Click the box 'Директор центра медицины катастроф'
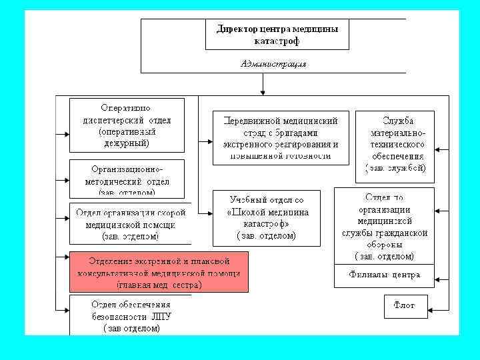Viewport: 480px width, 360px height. pyautogui.click(x=277, y=35)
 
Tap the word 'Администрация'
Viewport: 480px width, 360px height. pyautogui.click(x=273, y=65)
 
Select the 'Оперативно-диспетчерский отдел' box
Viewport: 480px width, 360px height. pyautogui.click(x=127, y=125)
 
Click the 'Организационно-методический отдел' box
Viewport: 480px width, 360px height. pyautogui.click(x=127, y=178)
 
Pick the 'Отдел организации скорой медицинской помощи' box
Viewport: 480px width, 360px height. pyautogui.click(x=131, y=224)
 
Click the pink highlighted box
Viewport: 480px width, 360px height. pyautogui.click(x=159, y=272)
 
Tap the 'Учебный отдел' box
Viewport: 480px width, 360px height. pyautogui.click(x=266, y=217)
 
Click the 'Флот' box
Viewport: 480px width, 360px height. pyautogui.click(x=404, y=306)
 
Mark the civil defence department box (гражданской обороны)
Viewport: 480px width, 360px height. pyautogui.click(x=384, y=227)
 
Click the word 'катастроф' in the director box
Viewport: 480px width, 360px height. pyautogui.click(x=277, y=41)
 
